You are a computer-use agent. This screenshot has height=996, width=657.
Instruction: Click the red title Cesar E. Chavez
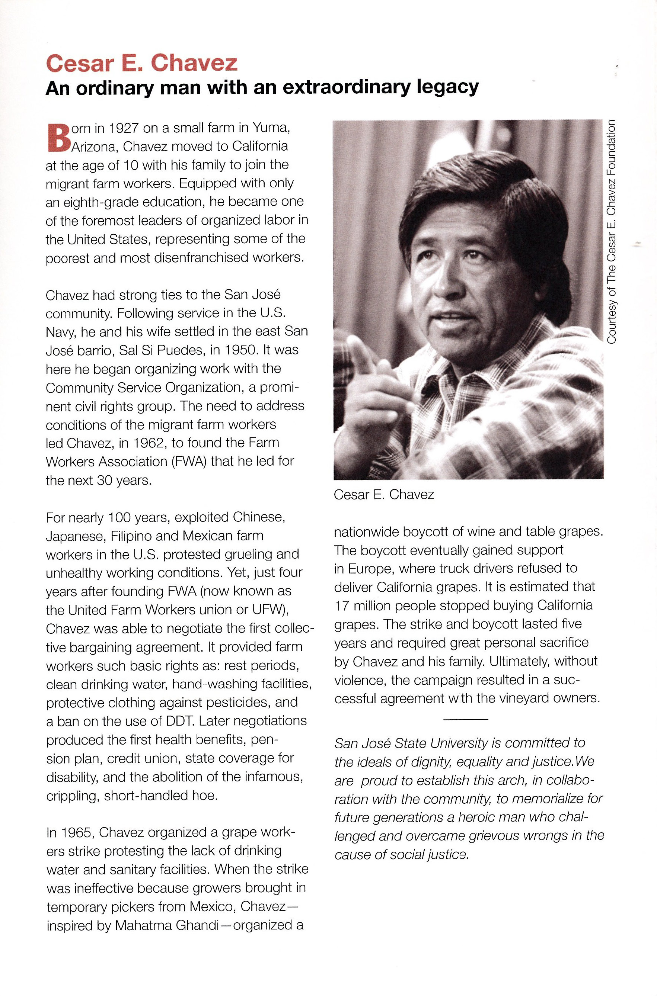tap(141, 63)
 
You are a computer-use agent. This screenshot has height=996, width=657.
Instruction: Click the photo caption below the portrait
tap(383, 495)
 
